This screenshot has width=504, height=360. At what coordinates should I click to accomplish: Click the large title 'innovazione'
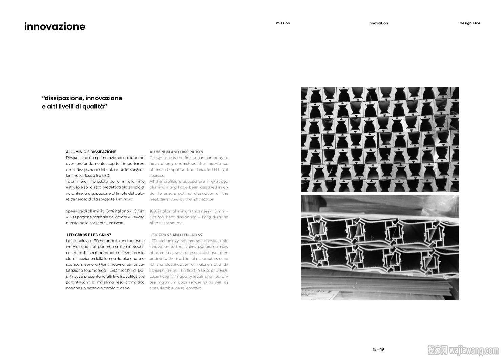coord(55,27)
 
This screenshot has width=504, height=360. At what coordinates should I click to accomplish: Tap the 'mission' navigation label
coord(283,23)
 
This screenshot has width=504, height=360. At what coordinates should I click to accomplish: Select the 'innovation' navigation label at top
coord(378,23)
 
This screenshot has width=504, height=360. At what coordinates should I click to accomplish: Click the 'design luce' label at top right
coord(470,23)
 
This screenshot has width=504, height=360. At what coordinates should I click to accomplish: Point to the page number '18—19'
coord(378,349)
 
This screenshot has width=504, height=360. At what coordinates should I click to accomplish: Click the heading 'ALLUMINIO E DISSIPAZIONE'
coord(91,152)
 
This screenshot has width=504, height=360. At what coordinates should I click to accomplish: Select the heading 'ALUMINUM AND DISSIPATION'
coord(176,152)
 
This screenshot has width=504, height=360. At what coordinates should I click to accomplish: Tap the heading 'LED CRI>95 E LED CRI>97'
coord(89,235)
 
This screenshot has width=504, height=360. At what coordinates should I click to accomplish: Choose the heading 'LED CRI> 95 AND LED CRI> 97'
coord(176,235)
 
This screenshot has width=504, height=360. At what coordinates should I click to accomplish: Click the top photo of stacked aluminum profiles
coord(380,139)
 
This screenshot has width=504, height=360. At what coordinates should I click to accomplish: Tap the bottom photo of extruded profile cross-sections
coord(380,247)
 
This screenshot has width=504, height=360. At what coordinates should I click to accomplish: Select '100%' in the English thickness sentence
coord(154,211)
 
